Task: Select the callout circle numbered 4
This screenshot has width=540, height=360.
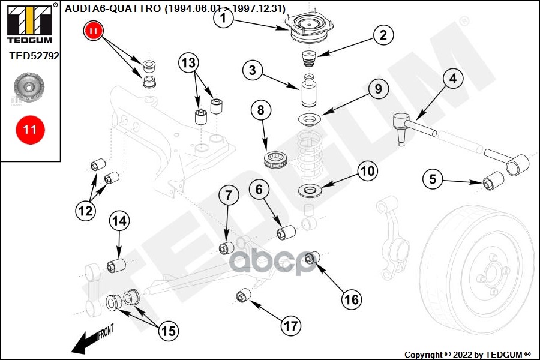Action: tap(452, 78)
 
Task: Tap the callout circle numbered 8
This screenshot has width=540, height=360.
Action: tap(260, 110)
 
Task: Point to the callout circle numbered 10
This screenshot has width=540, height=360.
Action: tap(367, 171)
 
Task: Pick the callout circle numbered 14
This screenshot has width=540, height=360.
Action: tap(119, 221)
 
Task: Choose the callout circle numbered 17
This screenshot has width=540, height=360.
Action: tap(290, 326)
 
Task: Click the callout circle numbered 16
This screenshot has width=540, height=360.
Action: tap(352, 298)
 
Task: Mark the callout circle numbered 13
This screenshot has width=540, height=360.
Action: tap(188, 62)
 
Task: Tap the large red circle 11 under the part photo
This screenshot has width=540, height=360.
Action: tap(30, 128)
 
